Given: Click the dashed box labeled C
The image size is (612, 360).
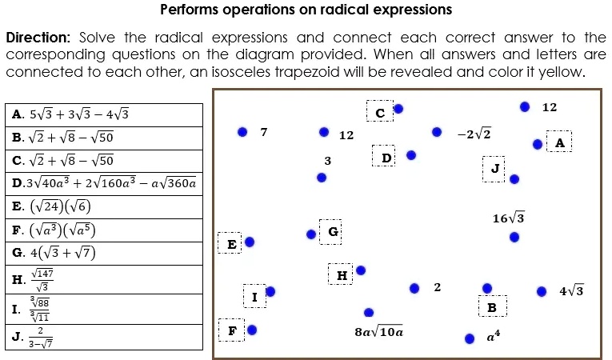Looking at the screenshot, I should tap(380, 111).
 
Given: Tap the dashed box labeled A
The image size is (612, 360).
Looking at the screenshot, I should tap(559, 142).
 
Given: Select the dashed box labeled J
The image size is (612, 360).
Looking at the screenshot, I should tap(494, 169).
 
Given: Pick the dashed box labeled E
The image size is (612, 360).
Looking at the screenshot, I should tap(231, 242).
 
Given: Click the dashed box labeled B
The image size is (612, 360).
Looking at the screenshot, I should tap(491, 307).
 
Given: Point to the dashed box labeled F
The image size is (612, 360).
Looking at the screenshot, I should tap(232, 330).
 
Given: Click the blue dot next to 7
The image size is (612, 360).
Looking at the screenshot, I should tap(242, 132).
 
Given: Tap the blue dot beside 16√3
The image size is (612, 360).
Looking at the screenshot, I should tap(514, 237).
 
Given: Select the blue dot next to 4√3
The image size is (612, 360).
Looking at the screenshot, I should tap(542, 291).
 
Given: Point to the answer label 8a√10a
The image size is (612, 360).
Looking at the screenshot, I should tap(379, 330).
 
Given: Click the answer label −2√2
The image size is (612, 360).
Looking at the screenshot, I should tap(474, 133).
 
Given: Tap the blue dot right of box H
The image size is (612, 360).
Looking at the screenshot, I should tap(361, 270).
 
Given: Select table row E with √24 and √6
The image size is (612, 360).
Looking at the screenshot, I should tap(52, 206).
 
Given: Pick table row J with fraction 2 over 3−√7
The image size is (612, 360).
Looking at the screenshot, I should tap(36, 337).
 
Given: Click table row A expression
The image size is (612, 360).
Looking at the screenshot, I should tap(70, 114).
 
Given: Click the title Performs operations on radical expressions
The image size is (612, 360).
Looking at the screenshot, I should tap(306, 10).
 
